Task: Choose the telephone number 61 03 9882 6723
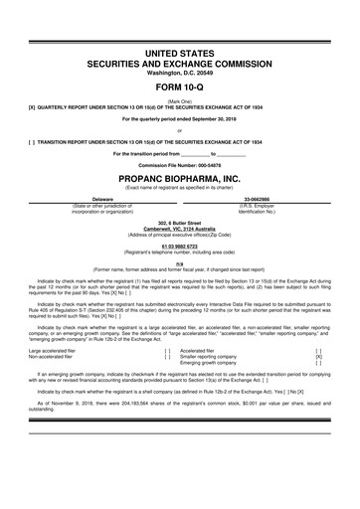click(180, 244)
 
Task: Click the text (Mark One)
click(180, 99)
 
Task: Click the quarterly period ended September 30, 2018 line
click(180, 118)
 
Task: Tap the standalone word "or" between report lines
click(180, 129)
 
